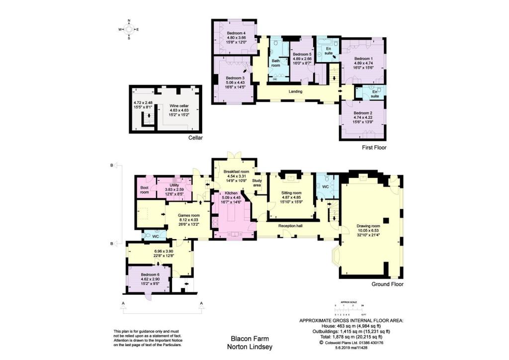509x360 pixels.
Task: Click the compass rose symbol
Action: [x=129, y=30]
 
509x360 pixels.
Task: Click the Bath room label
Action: [x=276, y=63]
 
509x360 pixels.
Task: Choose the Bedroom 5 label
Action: [x=302, y=54]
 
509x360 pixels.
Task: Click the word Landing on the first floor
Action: [x=297, y=91]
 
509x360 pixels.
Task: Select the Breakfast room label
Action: [x=235, y=171]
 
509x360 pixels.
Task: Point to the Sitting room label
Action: [x=292, y=192]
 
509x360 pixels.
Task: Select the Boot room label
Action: [x=144, y=189]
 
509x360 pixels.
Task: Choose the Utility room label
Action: [x=174, y=184]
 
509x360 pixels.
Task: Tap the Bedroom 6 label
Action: [x=150, y=274]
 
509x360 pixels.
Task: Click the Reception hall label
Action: [x=290, y=225]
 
